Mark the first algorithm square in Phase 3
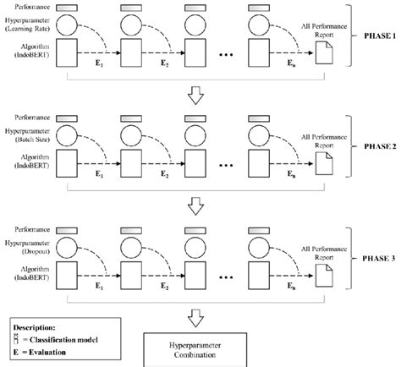[x=72, y=266]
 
